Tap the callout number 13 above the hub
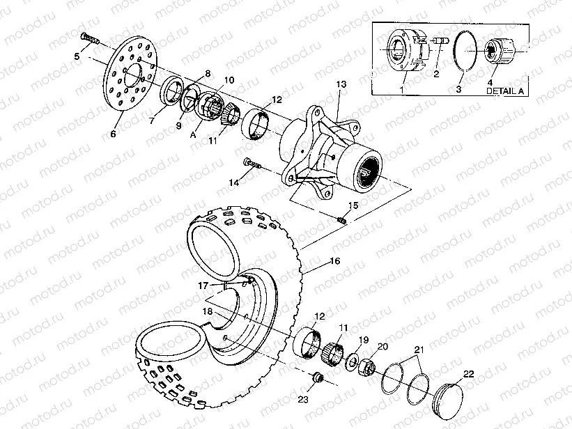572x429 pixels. [x=341, y=84]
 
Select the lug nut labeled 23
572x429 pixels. [x=318, y=378]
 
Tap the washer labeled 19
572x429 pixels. [x=353, y=361]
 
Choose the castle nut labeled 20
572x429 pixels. [x=368, y=365]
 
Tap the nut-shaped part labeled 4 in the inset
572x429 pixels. [x=504, y=50]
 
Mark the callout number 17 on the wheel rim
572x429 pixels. [x=202, y=285]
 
